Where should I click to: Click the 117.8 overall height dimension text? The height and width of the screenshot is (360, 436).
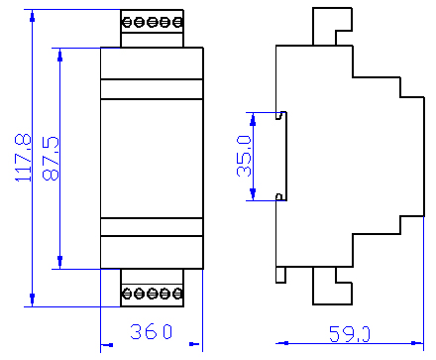20,159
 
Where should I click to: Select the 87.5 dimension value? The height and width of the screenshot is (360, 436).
48,159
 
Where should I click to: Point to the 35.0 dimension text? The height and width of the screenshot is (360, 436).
243,157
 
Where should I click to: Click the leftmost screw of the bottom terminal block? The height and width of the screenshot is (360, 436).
128,294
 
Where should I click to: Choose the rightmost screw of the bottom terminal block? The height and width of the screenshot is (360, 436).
176,294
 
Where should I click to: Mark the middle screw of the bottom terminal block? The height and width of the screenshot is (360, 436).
152,294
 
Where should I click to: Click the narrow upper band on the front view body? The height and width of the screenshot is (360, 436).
152,88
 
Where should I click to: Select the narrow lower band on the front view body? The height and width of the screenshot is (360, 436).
152,226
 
